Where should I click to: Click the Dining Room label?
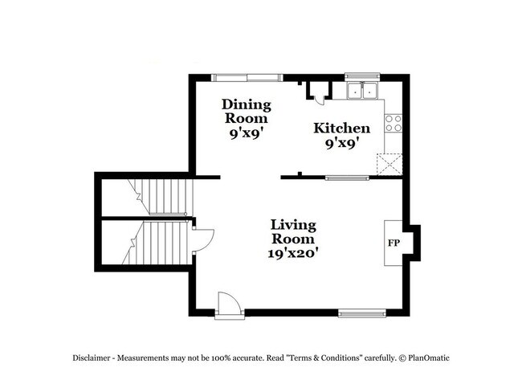[247, 112]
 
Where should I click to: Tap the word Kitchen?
[341, 129]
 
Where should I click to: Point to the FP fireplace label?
[394, 243]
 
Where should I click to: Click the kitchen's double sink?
[362, 91]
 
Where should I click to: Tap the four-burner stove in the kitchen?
[393, 123]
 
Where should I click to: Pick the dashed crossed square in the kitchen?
[392, 164]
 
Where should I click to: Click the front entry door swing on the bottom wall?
[227, 304]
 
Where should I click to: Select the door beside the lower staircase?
[202, 239]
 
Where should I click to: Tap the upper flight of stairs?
[161, 198]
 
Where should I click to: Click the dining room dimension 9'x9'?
[247, 135]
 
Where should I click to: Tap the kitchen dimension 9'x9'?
[341, 143]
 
